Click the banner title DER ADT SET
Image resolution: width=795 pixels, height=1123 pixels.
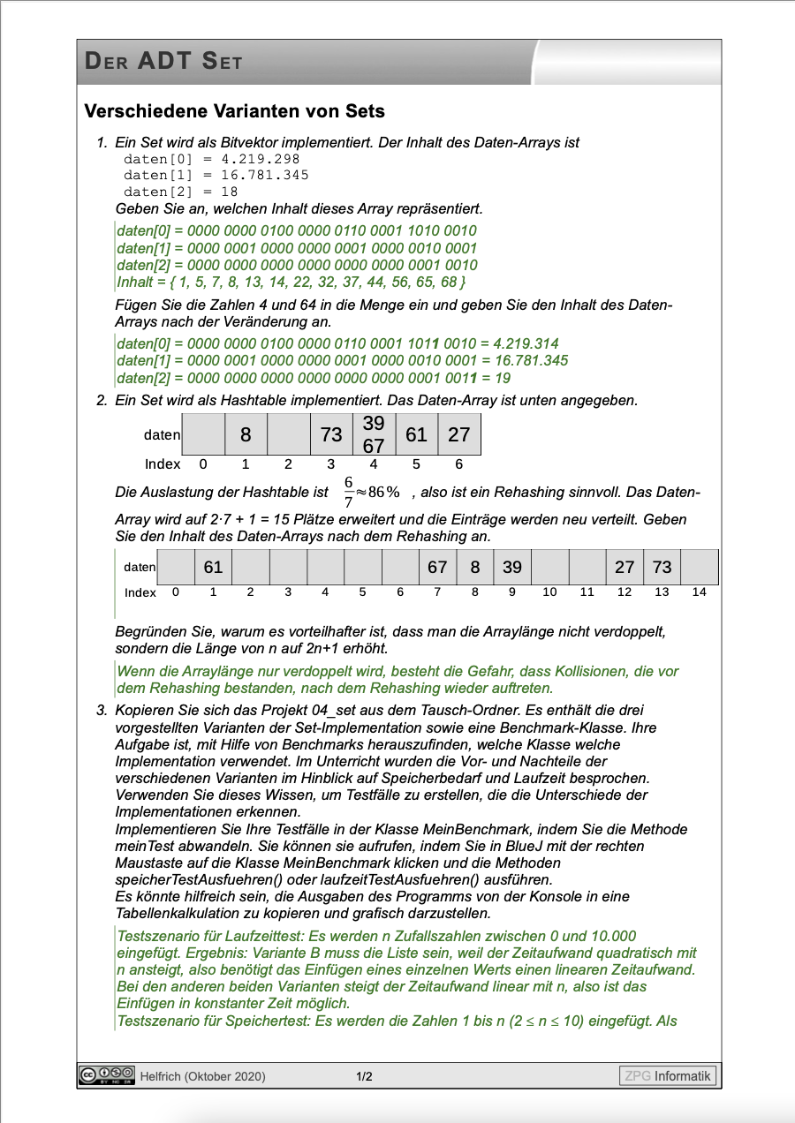tap(163, 61)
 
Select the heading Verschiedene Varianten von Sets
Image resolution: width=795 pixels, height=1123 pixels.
tap(234, 111)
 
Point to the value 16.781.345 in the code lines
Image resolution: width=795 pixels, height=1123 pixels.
tap(265, 175)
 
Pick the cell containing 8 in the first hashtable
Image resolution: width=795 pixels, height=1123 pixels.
tap(246, 434)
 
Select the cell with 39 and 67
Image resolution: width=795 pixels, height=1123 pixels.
tap(374, 434)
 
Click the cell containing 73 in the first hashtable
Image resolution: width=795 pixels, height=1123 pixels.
tap(331, 434)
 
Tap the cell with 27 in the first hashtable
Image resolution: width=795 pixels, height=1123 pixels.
tap(459, 434)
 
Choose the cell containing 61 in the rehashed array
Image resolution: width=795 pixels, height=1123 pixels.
tap(213, 567)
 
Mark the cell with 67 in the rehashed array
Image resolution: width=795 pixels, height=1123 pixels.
tap(437, 567)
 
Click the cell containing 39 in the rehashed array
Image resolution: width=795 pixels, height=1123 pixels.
tap(512, 567)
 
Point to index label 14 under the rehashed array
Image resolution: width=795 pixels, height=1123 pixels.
tap(700, 592)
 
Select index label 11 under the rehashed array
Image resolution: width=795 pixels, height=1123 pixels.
tap(587, 592)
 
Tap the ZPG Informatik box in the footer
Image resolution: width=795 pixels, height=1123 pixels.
tap(667, 1075)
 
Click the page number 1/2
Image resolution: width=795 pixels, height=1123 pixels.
tap(364, 1076)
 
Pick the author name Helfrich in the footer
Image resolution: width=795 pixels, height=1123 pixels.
tap(161, 1076)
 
